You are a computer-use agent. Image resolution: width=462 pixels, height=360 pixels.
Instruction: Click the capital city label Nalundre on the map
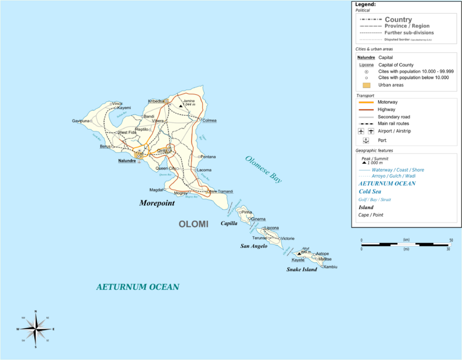coord(127,161)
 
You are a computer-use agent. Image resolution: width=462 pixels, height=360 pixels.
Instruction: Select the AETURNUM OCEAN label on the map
coord(137,287)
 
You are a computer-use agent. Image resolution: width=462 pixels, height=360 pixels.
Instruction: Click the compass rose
coord(35,329)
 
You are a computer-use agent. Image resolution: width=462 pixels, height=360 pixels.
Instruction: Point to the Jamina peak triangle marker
coord(181,104)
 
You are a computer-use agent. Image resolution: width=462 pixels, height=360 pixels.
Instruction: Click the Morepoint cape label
coord(157,203)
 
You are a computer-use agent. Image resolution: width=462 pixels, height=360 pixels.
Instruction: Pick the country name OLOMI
coord(193,224)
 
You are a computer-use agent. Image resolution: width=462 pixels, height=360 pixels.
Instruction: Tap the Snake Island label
coord(301,269)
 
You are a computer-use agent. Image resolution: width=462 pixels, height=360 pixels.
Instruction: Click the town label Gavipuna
coord(80,121)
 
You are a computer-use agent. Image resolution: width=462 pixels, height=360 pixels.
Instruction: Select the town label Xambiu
coord(331,266)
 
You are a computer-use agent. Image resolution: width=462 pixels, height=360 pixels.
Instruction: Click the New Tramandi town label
coord(221,191)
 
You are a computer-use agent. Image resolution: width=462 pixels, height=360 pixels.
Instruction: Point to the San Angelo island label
coord(253,246)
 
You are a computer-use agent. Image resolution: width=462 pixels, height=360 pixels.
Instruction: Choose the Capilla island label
coord(229,223)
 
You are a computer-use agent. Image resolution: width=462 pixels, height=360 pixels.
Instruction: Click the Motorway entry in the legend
coord(388,102)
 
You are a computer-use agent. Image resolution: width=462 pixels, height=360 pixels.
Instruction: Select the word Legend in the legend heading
coord(365,4)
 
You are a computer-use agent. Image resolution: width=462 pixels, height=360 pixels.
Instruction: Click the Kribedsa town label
coord(155,101)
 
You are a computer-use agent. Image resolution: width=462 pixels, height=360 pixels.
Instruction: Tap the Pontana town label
coord(208,157)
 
